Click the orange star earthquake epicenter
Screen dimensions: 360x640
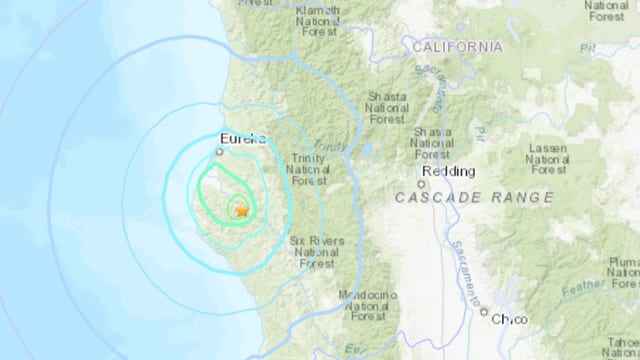tap(241, 210)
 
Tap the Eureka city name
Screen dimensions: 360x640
tap(239, 141)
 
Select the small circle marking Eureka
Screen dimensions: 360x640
tap(221, 153)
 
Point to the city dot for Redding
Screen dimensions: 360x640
tap(425, 183)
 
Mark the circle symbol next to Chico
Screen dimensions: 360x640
tap(485, 314)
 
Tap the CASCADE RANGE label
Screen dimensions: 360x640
tap(474, 198)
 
